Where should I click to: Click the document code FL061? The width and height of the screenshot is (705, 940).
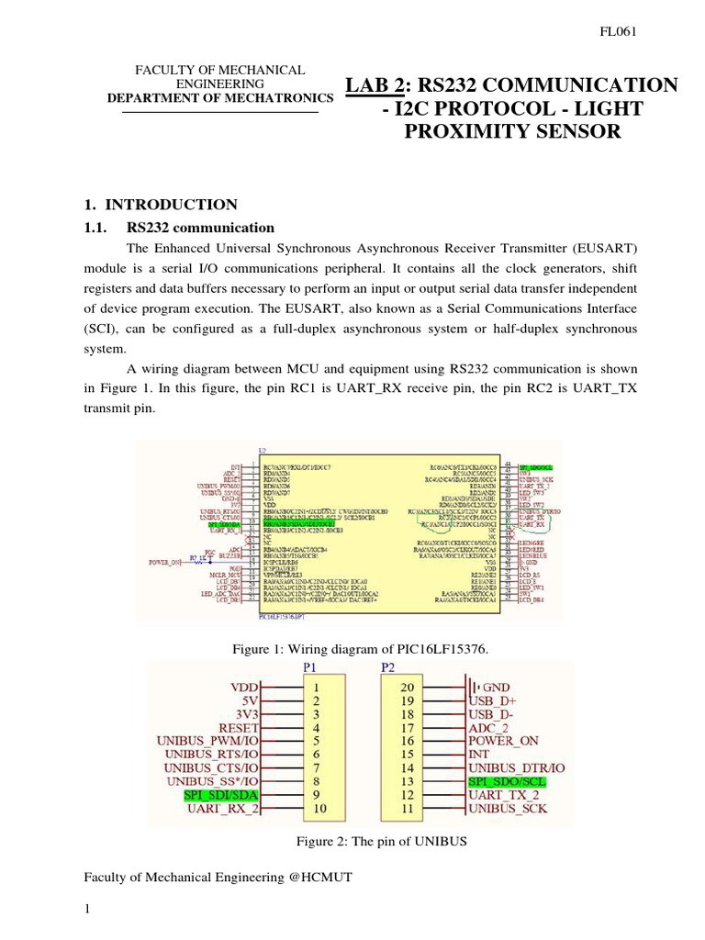tap(619, 31)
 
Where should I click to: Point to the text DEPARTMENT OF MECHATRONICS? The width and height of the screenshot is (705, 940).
tap(220, 98)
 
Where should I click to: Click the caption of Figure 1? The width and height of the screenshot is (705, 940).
tap(359, 650)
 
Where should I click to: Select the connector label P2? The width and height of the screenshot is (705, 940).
tap(388, 668)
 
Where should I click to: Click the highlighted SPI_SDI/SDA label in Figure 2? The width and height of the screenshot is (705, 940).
tap(221, 795)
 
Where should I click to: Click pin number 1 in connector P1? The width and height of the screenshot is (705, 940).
tap(316, 687)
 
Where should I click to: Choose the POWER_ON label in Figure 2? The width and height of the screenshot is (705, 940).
tap(505, 740)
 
